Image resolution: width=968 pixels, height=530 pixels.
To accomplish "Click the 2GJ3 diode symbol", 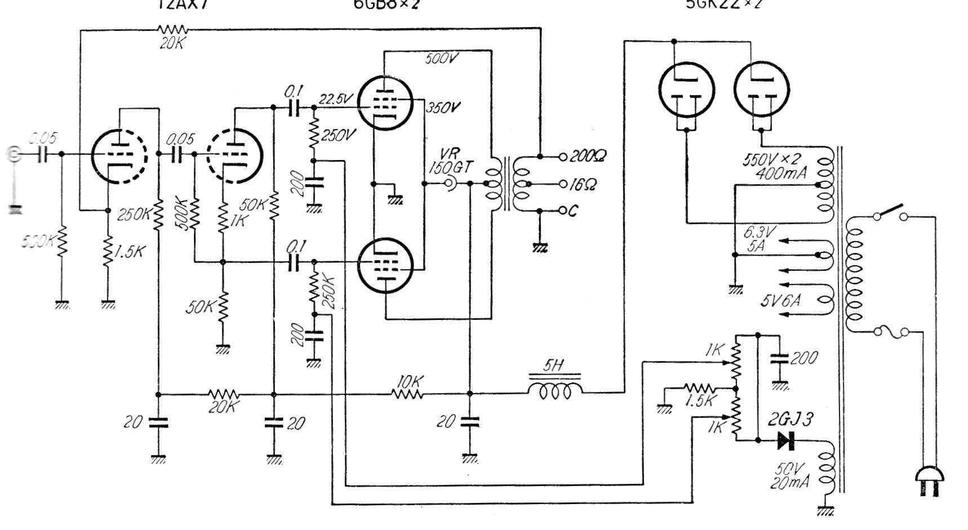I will coord(785,440).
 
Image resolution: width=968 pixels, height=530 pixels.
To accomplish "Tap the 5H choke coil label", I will coord(554,366).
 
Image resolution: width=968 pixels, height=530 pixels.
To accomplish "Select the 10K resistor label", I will coord(408,381).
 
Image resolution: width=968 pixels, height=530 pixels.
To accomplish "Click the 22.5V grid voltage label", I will coord(336,99).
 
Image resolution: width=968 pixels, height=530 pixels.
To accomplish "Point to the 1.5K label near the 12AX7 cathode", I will coord(128,251).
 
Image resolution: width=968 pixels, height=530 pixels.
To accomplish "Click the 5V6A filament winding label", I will coord(780,301).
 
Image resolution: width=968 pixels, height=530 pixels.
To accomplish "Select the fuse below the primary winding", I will coord(891,332).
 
